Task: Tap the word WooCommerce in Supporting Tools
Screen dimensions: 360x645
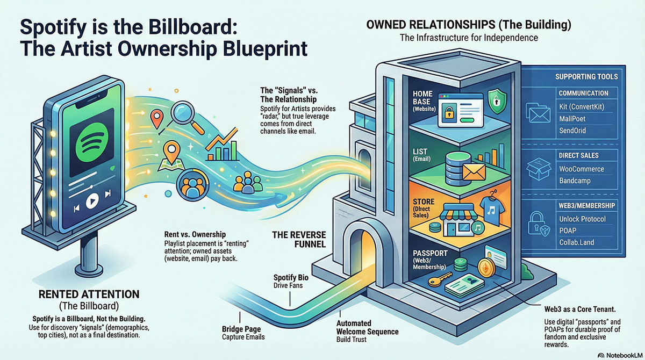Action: click(582, 169)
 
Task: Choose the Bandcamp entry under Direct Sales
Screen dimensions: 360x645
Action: click(575, 181)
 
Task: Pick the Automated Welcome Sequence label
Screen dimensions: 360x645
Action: click(367, 328)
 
